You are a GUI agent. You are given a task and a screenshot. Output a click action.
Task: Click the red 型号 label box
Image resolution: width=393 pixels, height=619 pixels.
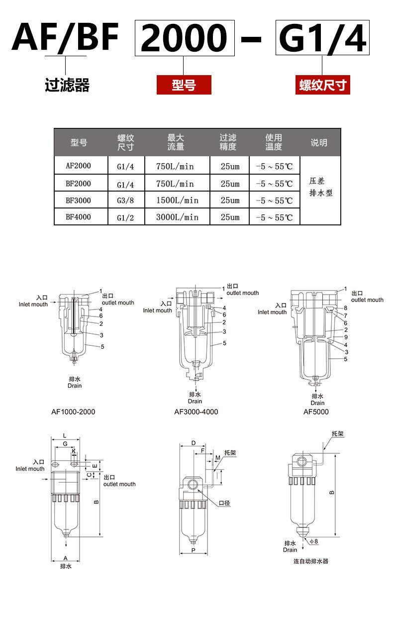(184, 85)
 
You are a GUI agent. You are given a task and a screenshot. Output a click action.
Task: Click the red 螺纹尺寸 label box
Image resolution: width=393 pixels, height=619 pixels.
(322, 85)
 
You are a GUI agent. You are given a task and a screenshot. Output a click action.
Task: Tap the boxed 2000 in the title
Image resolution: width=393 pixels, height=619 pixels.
(184, 38)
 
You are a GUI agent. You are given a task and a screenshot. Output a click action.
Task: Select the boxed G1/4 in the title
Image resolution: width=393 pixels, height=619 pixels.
(322, 38)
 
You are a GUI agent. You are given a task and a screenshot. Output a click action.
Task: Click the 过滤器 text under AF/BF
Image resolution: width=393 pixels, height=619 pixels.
(67, 86)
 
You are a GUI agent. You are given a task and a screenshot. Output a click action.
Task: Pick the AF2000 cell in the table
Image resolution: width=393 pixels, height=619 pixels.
(79, 166)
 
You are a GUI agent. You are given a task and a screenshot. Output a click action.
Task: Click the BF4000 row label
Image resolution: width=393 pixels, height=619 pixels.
(79, 217)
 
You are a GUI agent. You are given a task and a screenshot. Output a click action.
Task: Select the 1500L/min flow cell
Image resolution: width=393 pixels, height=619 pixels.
(177, 200)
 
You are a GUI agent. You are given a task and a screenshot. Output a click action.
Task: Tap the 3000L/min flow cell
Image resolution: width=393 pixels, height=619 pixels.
(177, 217)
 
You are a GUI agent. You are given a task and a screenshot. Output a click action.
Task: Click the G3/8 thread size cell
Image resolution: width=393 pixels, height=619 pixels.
(125, 201)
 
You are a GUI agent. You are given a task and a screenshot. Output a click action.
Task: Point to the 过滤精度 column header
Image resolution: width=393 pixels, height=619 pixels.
(228, 142)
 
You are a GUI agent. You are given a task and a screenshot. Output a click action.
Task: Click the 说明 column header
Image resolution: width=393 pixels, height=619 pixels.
(319, 143)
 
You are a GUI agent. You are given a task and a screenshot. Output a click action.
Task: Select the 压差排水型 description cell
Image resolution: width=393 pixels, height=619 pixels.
(321, 187)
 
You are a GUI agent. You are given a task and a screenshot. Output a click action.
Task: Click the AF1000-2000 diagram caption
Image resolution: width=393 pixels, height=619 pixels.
(73, 412)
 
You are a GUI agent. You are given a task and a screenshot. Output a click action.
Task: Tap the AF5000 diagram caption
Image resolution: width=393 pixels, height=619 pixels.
(316, 412)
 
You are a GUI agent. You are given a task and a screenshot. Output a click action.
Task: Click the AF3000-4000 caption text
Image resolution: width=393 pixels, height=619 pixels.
(196, 412)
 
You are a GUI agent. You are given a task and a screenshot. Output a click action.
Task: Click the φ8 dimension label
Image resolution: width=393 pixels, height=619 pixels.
(313, 541)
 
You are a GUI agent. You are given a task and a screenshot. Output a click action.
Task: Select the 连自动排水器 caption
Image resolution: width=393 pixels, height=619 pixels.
(311, 561)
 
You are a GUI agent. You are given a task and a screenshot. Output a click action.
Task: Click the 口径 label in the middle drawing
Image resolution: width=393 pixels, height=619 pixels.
(225, 503)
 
